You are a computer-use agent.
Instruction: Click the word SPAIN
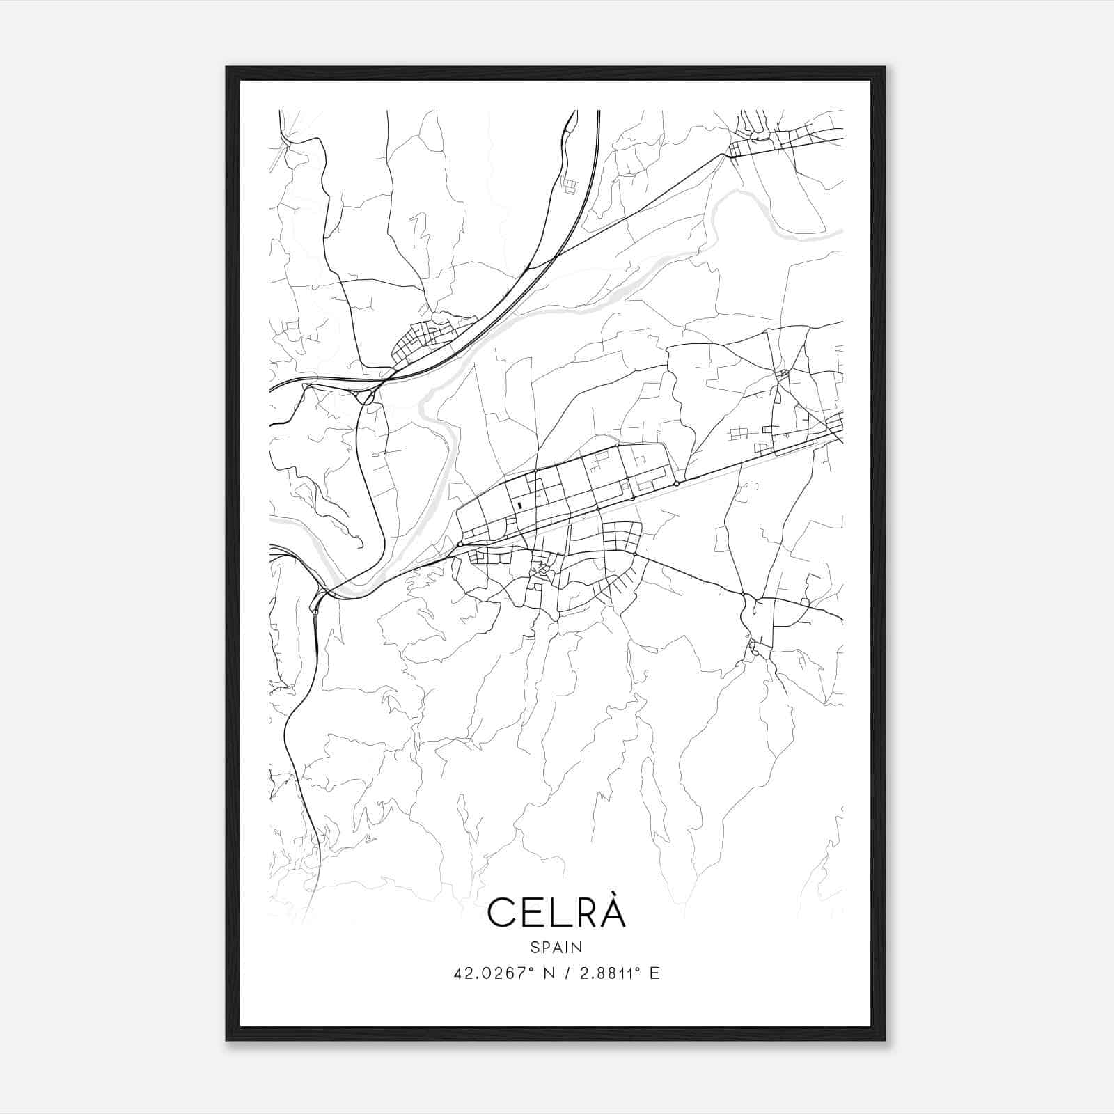pyautogui.click(x=556, y=947)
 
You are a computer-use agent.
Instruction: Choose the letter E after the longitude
pyautogui.click(x=654, y=973)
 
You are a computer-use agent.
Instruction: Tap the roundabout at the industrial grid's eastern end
pyautogui.click(x=676, y=483)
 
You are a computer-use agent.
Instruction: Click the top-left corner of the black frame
pyautogui.click(x=227, y=68)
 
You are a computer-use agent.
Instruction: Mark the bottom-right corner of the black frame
pyautogui.click(x=884, y=1040)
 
